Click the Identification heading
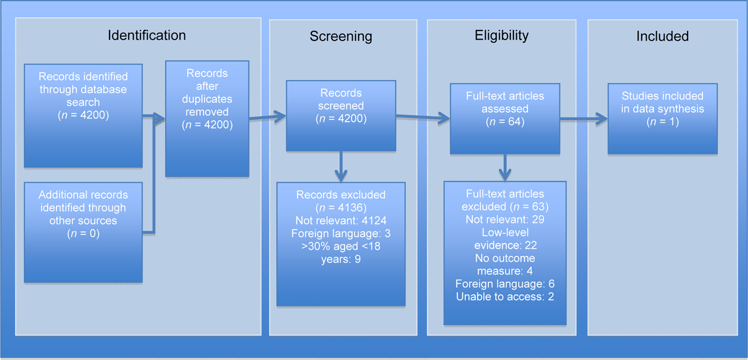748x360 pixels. click(x=147, y=35)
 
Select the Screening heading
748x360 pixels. click(x=341, y=36)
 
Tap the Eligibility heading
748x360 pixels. click(x=502, y=35)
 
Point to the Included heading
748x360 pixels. click(x=663, y=36)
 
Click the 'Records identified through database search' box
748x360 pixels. click(x=83, y=115)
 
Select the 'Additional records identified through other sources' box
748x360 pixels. click(x=83, y=232)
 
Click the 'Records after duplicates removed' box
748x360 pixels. click(x=207, y=119)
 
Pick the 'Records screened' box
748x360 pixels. click(x=341, y=115)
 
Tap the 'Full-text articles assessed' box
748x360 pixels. click(x=505, y=119)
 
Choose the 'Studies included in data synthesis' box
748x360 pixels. click(x=663, y=119)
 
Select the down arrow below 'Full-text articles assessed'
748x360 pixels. click(x=505, y=169)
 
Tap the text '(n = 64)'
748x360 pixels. click(x=505, y=122)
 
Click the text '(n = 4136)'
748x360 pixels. click(x=341, y=207)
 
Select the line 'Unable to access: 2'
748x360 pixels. click(x=505, y=296)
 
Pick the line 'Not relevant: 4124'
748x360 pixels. click(x=341, y=220)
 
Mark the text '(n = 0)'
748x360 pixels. click(x=83, y=233)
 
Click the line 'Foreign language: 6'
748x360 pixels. click(x=505, y=284)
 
